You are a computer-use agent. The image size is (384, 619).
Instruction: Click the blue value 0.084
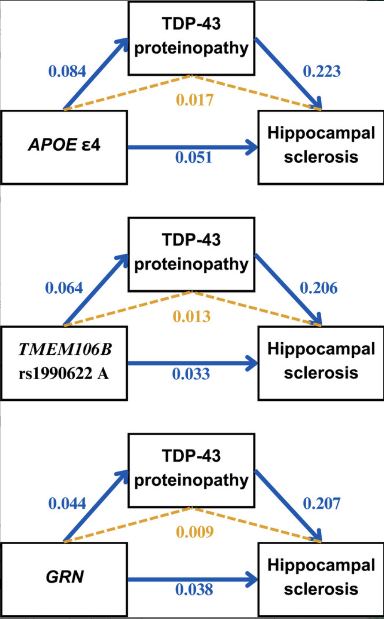(x=67, y=71)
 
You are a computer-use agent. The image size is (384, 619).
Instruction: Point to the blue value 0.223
(x=321, y=71)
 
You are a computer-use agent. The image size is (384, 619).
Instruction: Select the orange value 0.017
(x=194, y=100)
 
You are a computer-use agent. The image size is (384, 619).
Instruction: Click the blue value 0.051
(x=194, y=157)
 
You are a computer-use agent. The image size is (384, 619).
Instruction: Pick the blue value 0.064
(x=64, y=288)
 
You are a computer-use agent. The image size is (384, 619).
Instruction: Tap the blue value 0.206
(x=318, y=288)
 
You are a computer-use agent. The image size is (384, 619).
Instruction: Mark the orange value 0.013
(x=192, y=317)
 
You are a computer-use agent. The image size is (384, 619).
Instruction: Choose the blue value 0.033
(x=191, y=374)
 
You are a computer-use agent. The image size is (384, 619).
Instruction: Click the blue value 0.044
(x=67, y=504)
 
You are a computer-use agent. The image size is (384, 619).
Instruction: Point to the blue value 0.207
(x=321, y=504)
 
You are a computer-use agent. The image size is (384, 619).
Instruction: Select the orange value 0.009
(x=194, y=532)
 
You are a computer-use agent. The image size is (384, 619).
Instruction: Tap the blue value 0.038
(x=194, y=590)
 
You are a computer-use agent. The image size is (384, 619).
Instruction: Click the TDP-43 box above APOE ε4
(x=191, y=38)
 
